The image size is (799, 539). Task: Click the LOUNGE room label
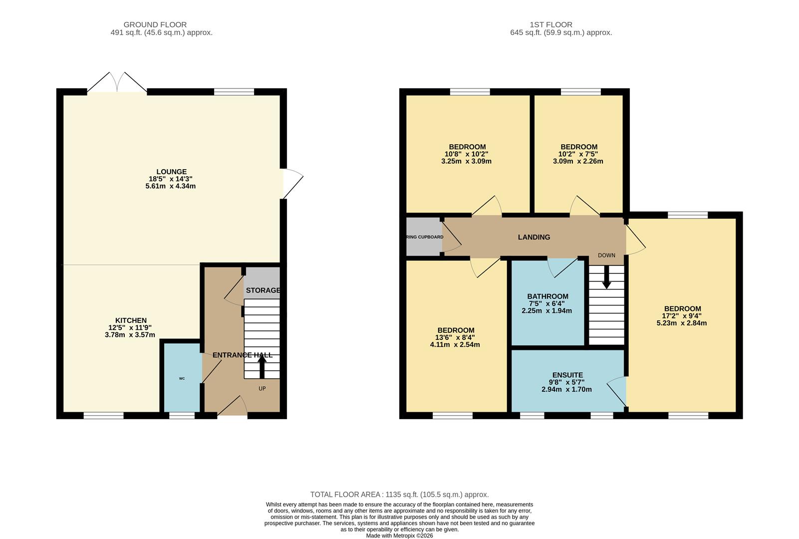pos(171,172)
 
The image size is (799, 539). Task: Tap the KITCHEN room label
pos(131,320)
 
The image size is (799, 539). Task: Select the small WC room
pos(182,378)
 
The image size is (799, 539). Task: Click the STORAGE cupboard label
pos(263,290)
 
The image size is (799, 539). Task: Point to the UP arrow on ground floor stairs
pos(262,366)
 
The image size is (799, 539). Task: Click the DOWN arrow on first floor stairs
pos(606,277)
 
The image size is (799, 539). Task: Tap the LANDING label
pos(533,237)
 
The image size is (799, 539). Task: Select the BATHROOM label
pos(547,296)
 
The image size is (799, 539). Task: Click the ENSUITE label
pos(567,375)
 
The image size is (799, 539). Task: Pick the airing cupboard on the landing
pos(423,237)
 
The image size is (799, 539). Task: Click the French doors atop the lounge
pos(117,83)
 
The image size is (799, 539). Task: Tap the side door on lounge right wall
pos(292,183)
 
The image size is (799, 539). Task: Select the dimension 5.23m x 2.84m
pos(681,323)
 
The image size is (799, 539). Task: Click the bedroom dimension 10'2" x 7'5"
pos(578,154)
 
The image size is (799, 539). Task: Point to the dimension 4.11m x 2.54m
pos(455,344)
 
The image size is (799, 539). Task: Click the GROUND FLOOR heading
pos(155,24)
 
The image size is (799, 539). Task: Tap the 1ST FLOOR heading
pos(551,24)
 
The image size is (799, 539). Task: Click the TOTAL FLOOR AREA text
pos(399,495)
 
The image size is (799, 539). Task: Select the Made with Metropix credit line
pos(399,536)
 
